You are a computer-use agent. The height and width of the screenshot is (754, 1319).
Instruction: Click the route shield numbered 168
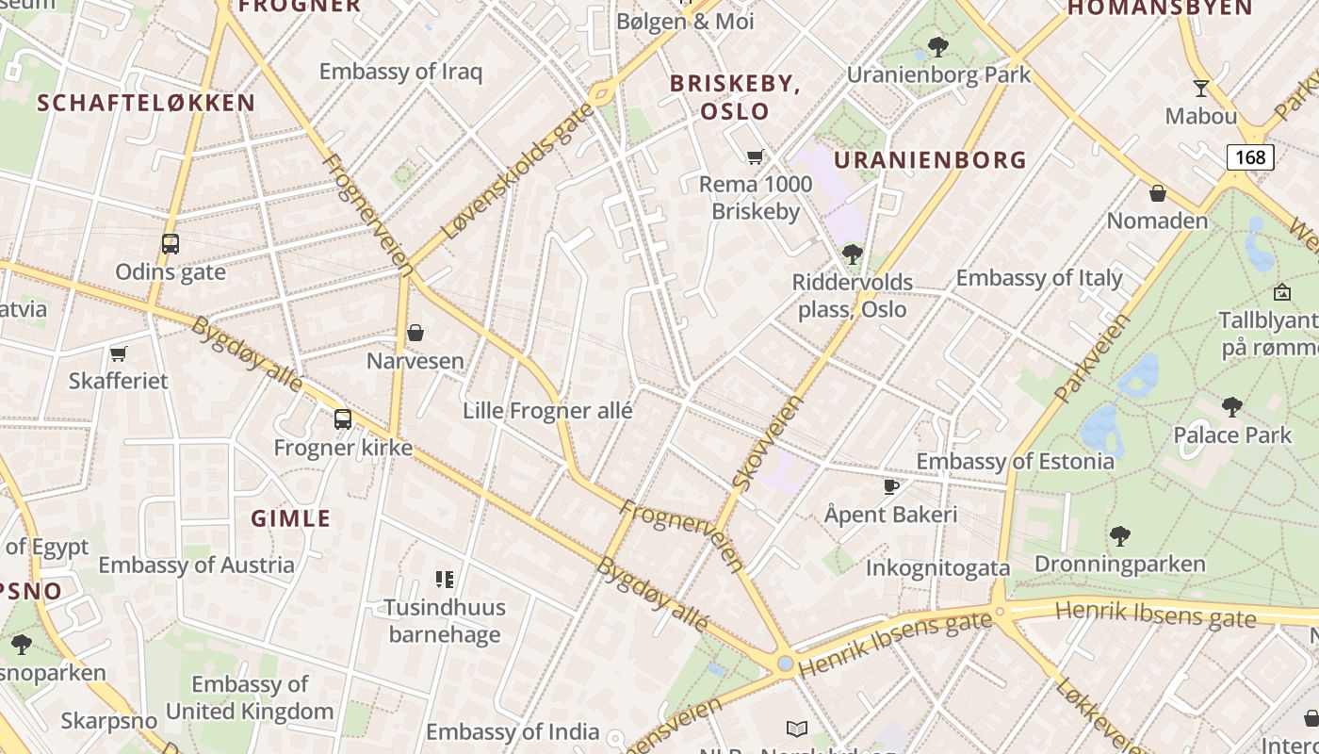click(x=1250, y=156)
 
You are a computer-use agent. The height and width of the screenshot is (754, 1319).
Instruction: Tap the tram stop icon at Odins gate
click(x=171, y=244)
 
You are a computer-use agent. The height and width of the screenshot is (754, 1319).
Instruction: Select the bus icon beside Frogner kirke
click(x=343, y=419)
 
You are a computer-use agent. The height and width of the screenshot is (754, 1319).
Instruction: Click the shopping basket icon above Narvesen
click(x=415, y=333)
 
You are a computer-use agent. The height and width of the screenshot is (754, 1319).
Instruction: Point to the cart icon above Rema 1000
click(x=755, y=156)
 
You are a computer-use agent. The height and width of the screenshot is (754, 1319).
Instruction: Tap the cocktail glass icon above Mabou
click(x=1200, y=89)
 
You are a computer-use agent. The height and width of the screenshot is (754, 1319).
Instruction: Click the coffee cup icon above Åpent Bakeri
click(x=890, y=486)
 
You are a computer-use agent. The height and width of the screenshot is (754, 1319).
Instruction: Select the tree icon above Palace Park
click(x=1231, y=407)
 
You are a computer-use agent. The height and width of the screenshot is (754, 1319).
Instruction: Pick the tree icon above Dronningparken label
click(x=1119, y=536)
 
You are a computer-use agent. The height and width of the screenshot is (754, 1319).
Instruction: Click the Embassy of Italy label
click(x=1039, y=278)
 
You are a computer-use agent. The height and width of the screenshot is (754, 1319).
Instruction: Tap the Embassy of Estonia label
click(x=1015, y=461)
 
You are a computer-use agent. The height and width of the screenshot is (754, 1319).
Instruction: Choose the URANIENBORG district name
click(x=930, y=160)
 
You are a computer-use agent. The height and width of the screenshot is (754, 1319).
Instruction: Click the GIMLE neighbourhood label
click(x=291, y=518)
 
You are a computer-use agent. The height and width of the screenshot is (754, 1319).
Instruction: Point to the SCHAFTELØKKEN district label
click(x=146, y=104)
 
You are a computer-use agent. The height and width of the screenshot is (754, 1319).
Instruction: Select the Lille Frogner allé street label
click(x=547, y=411)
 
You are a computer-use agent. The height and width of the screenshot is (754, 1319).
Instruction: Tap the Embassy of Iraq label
click(x=400, y=72)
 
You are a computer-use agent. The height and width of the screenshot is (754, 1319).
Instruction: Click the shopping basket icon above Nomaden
click(x=1158, y=193)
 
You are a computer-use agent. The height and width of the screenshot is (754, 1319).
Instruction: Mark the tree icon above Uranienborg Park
click(x=937, y=46)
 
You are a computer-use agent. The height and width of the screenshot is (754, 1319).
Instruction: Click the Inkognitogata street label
click(x=937, y=567)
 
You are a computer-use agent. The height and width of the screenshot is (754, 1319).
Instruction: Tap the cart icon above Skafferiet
click(x=119, y=353)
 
